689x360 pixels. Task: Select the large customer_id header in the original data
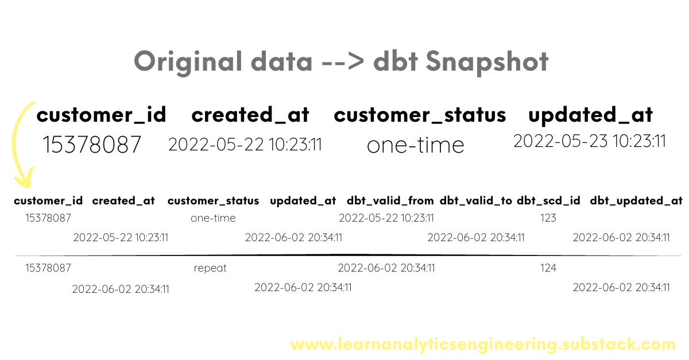point(101,115)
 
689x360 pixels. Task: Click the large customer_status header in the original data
point(420,115)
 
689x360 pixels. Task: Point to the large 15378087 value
point(92,145)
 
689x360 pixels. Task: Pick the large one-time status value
point(415,145)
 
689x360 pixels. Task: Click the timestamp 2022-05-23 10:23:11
point(590,141)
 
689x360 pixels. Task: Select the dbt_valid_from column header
point(390,201)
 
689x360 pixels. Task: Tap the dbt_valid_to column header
point(476,201)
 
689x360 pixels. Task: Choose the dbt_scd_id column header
point(548,201)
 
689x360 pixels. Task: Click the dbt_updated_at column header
point(636,201)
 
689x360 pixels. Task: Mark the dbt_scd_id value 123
point(548,218)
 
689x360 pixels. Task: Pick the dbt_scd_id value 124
point(548,268)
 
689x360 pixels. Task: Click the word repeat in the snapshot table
point(210,268)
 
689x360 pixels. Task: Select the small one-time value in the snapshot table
point(213,218)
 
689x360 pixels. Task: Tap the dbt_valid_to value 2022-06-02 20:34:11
point(476,237)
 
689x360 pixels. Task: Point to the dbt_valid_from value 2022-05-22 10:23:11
point(386,218)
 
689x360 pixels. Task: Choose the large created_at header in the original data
point(250,115)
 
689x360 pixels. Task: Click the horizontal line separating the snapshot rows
point(344,254)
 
